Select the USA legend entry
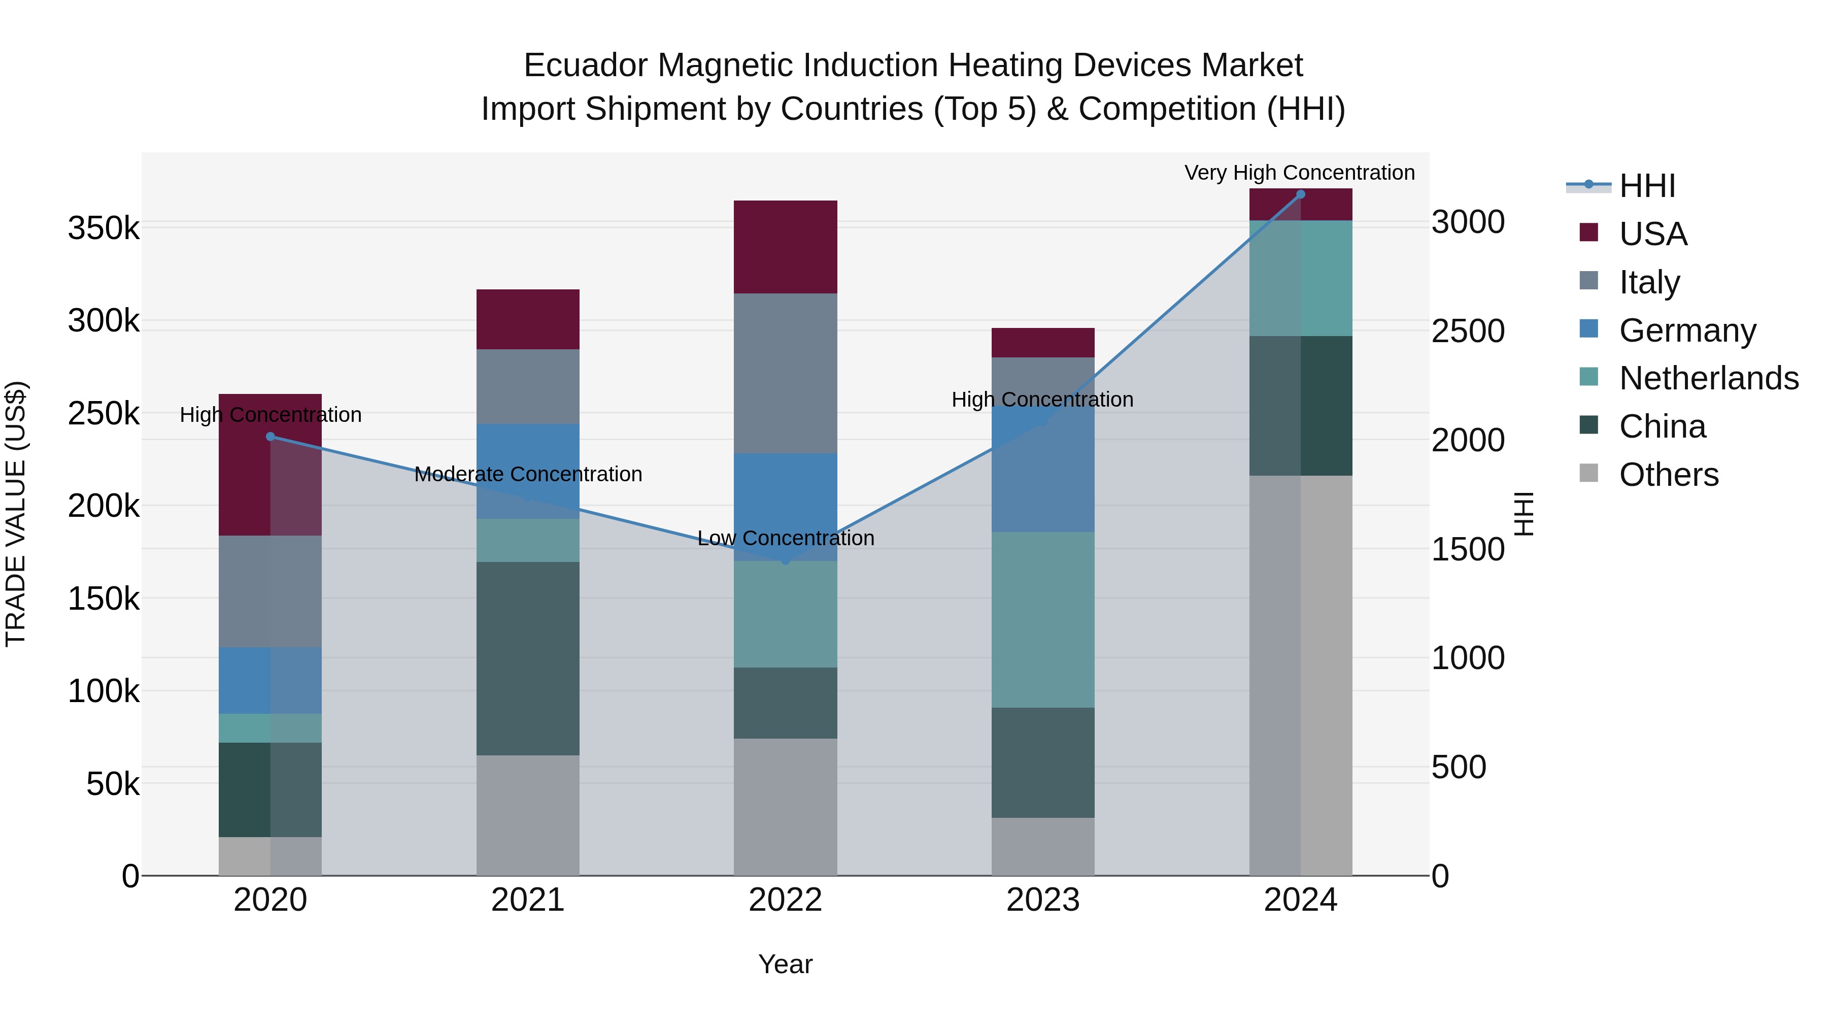pos(1652,234)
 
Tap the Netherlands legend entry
pos(1708,378)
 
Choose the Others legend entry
pos(1668,475)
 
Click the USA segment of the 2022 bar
pos(785,247)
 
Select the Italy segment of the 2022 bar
pos(785,373)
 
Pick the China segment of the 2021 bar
pos(528,658)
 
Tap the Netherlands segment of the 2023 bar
pos(1042,619)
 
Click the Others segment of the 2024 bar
pos(1300,675)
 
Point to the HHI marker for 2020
pos(270,436)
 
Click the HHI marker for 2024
pos(1300,194)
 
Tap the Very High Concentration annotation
pos(1299,173)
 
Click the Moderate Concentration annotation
pos(528,474)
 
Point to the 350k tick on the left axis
pos(104,229)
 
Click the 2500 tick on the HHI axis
pos(1467,331)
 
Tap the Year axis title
pos(785,964)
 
